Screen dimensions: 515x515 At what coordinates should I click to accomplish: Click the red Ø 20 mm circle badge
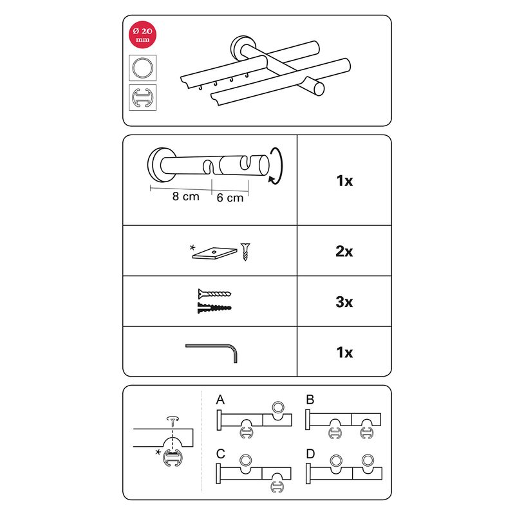(142, 35)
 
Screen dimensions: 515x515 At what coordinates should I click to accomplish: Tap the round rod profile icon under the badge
(142, 68)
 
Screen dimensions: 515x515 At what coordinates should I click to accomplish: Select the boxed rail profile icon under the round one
(142, 98)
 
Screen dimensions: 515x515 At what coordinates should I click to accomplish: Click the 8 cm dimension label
(185, 196)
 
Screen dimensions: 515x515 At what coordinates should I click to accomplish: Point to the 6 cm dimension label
(230, 198)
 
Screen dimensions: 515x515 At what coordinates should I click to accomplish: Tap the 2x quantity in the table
(344, 251)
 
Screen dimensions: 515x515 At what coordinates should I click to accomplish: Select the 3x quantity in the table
(344, 302)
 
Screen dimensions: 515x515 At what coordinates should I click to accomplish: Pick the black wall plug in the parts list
(214, 308)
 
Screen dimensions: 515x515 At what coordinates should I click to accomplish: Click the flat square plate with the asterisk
(214, 253)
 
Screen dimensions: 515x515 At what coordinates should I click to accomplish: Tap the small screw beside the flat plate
(245, 252)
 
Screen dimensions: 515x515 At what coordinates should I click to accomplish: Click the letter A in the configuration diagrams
(220, 400)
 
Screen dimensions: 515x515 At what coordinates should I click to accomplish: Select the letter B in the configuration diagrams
(310, 400)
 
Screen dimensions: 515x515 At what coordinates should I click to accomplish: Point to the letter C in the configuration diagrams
(221, 454)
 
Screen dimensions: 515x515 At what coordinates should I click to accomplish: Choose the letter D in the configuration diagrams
(310, 454)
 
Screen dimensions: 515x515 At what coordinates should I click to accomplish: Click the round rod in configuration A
(278, 407)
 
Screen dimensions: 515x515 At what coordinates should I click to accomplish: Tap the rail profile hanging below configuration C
(277, 487)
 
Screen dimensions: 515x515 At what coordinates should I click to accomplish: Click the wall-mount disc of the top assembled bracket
(241, 49)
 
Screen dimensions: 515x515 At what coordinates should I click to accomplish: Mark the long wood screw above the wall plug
(214, 294)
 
